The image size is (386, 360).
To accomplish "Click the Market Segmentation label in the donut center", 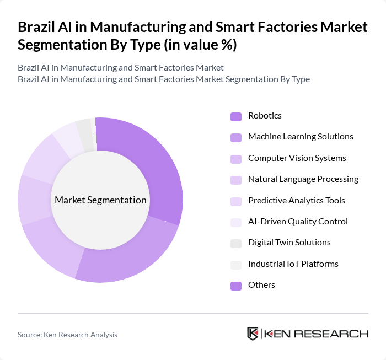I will (x=100, y=200).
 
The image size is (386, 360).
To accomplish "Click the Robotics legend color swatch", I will (x=236, y=116).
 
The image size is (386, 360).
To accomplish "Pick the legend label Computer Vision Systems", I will (x=297, y=158).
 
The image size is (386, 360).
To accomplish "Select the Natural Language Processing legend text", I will (x=303, y=179).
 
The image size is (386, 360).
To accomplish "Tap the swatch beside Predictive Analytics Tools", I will (x=236, y=201).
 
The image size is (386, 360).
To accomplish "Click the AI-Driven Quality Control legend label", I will (x=298, y=222).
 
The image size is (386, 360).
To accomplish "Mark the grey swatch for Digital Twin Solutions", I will (x=236, y=243).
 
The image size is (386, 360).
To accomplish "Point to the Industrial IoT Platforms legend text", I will (x=293, y=264).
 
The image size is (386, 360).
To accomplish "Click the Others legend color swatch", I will (x=236, y=286).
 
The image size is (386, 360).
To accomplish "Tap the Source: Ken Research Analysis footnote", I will (x=67, y=335).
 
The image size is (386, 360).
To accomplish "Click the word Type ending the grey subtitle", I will (x=301, y=79).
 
